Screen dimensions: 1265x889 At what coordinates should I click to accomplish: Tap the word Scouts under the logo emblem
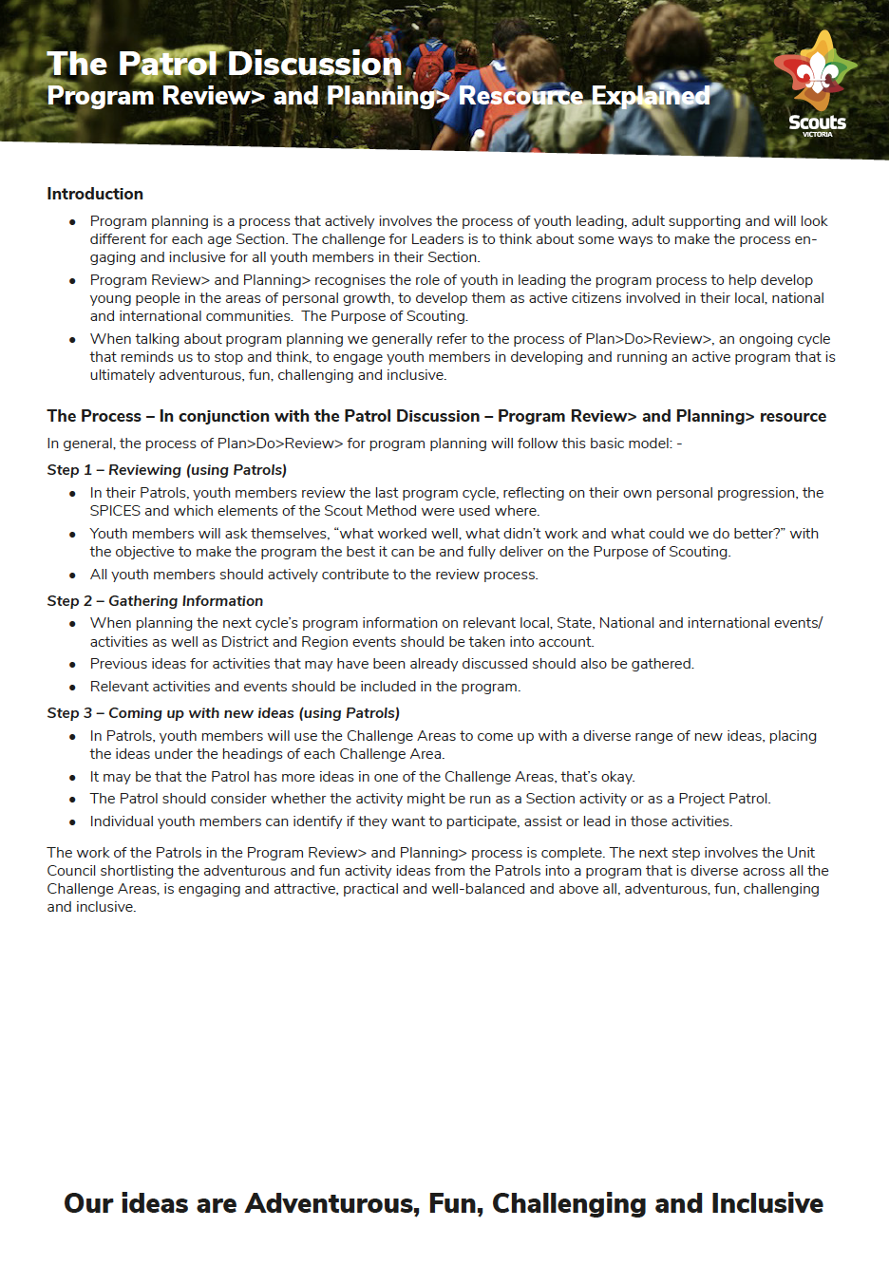point(817,123)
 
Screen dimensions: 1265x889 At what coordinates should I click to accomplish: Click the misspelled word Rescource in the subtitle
point(520,96)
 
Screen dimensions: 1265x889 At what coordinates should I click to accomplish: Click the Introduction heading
point(95,194)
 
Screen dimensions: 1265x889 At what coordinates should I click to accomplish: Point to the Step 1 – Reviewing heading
point(166,470)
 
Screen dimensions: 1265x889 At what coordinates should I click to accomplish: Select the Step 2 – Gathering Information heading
point(155,601)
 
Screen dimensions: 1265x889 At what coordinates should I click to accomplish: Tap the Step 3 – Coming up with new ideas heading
point(223,713)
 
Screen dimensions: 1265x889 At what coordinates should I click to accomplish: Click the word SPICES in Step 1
point(115,511)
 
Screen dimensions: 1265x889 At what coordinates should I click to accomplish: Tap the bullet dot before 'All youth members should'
point(72,576)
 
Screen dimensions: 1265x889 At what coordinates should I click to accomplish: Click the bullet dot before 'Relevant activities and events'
point(72,688)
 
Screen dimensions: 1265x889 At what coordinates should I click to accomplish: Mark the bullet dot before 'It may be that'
point(72,778)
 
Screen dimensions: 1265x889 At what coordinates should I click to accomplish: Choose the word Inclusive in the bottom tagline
point(766,1203)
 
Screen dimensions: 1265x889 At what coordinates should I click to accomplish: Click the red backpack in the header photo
point(431,66)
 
